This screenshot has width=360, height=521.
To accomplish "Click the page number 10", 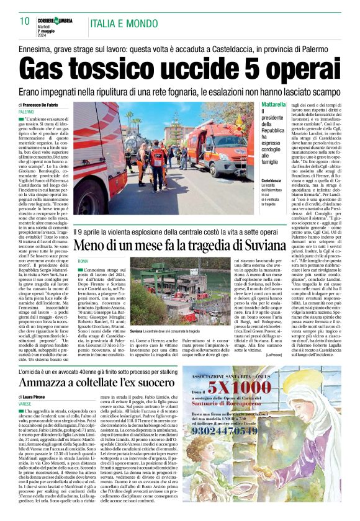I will (25, 21).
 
